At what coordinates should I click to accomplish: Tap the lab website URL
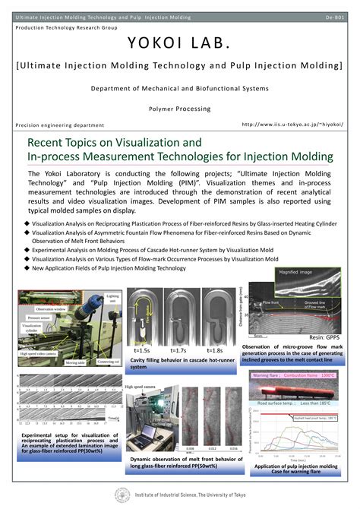point(292,124)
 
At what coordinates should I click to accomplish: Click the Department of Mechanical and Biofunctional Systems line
point(179,89)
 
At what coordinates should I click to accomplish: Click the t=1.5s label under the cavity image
point(142,350)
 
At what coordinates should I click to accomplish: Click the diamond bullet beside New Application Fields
point(27,267)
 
